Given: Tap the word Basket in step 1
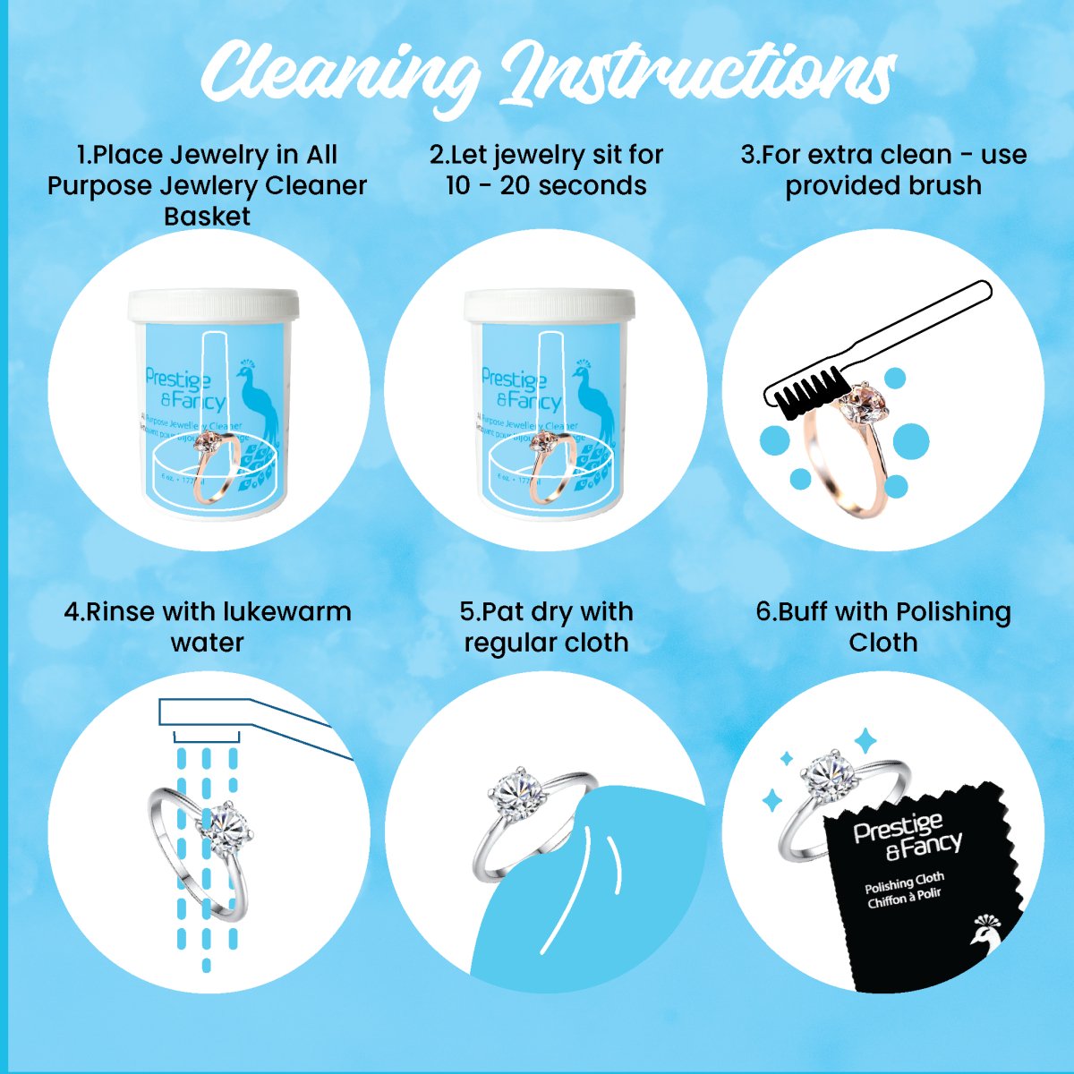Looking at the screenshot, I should pyautogui.click(x=207, y=217).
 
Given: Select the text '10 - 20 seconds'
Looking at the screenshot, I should pyautogui.click(x=546, y=185).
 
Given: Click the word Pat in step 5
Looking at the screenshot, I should pyautogui.click(x=503, y=612).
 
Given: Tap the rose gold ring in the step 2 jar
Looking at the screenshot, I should pyautogui.click(x=550, y=465).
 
